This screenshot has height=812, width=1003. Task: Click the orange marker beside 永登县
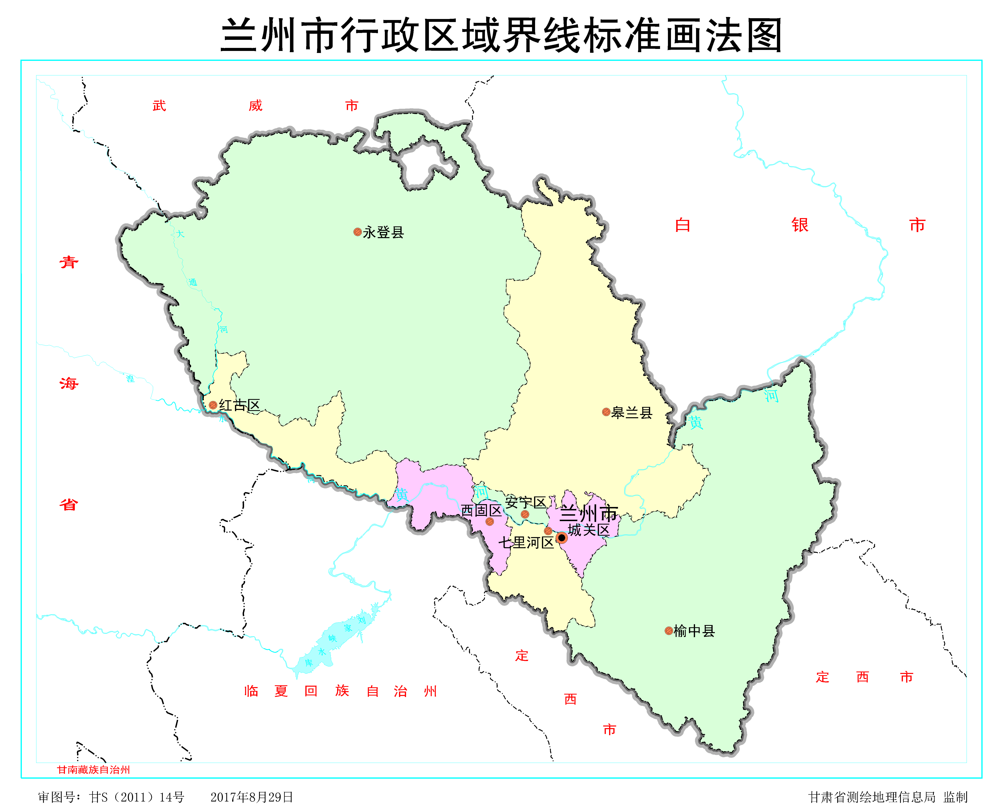[357, 232]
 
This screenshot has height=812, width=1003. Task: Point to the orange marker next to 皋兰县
[606, 412]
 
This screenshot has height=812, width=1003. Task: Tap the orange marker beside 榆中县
[669, 631]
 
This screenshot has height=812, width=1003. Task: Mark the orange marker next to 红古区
[213, 405]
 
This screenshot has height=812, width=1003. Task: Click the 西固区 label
[481, 510]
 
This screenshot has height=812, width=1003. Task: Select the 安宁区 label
[526, 502]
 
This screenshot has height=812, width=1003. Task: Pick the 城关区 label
[589, 530]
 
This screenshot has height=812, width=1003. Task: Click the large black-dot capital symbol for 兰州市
[561, 538]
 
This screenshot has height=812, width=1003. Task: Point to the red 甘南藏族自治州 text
[94, 770]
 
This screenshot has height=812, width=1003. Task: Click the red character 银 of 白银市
[800, 225]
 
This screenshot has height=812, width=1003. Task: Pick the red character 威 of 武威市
[255, 106]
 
